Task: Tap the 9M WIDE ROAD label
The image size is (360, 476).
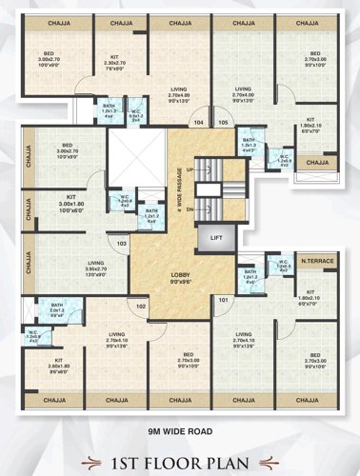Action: coord(180,431)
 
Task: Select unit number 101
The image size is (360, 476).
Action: coord(225,301)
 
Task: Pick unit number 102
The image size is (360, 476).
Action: coord(140,307)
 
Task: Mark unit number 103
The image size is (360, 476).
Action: coord(123,245)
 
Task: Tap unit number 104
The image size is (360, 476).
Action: coord(198,123)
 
